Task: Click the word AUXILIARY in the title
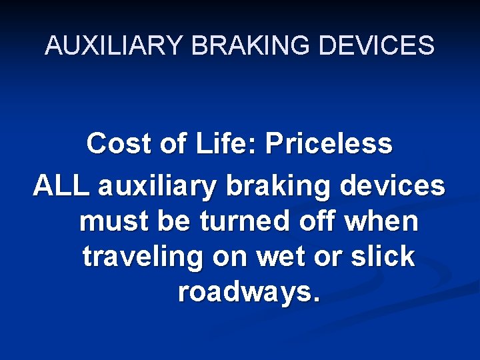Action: tap(113, 45)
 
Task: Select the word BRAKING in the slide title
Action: tap(245, 45)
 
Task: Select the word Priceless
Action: tap(329, 143)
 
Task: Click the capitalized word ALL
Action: tap(61, 186)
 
